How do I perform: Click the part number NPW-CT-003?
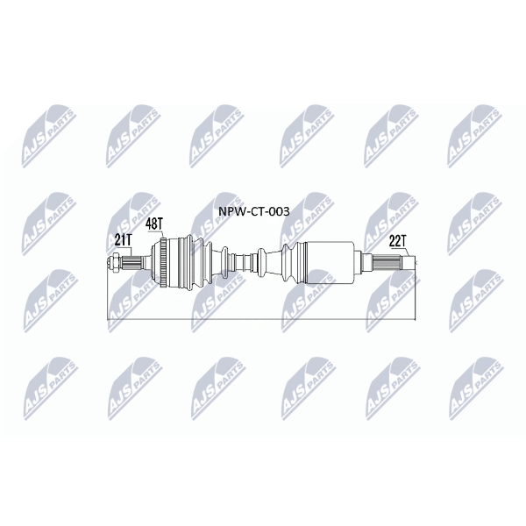coord(254,211)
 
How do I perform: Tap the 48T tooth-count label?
coord(154,224)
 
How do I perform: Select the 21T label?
coord(124,240)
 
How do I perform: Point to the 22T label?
coord(398,241)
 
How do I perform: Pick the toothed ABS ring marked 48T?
coord(164,262)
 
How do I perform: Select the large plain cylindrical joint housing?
coord(331,262)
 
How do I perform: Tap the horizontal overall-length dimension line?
coord(261,319)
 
